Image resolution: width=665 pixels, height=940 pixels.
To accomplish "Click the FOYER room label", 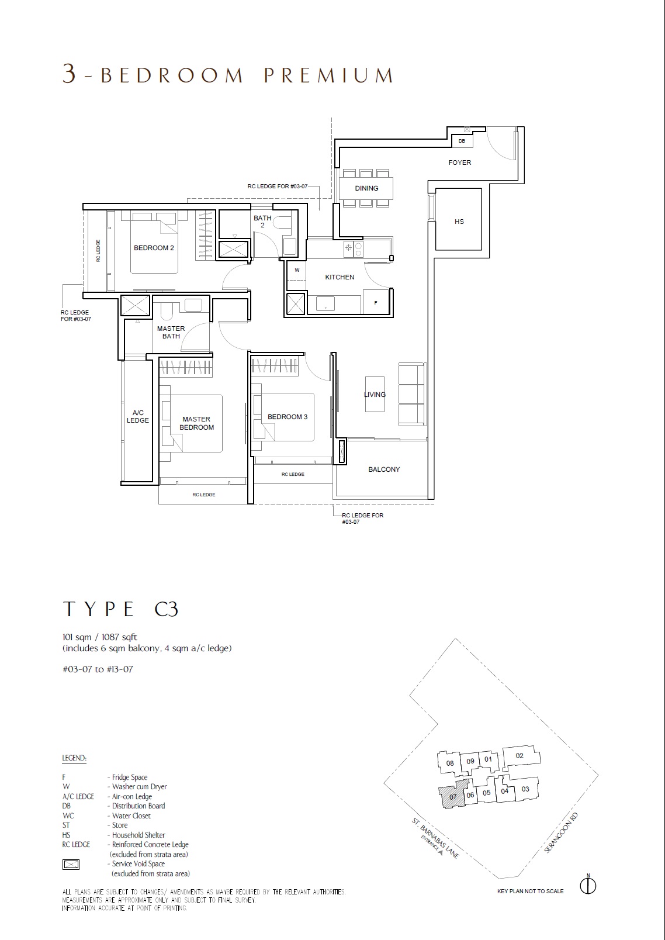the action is pos(459,163).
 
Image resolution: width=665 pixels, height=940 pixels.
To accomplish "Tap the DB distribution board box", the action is pos(462,141).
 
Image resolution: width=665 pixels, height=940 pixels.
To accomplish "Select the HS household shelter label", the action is pos(459,222).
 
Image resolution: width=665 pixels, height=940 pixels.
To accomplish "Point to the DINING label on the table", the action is pos(366,188).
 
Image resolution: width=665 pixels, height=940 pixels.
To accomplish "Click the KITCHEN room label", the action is pos(340,277).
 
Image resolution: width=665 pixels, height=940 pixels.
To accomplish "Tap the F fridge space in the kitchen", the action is pos(376,302).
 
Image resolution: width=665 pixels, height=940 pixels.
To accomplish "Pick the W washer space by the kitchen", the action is pos(297,270).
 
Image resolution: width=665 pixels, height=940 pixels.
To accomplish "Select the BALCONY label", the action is pos(384,469).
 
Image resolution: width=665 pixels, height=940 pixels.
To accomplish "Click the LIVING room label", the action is pos(375,395).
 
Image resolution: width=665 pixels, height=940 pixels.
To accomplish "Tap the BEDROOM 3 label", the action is pos(288,417).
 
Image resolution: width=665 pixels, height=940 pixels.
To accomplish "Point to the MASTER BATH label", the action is pos(171,333).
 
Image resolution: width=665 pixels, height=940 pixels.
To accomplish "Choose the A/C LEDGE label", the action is pos(137,416).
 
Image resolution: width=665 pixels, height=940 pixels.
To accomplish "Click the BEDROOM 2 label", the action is pos(154,248).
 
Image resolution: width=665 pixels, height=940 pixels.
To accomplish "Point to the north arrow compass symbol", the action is pos(588,886).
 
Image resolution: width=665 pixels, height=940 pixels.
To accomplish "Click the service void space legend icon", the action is pos(71,864).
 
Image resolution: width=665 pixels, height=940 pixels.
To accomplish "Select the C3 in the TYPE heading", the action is pos(166,609).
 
